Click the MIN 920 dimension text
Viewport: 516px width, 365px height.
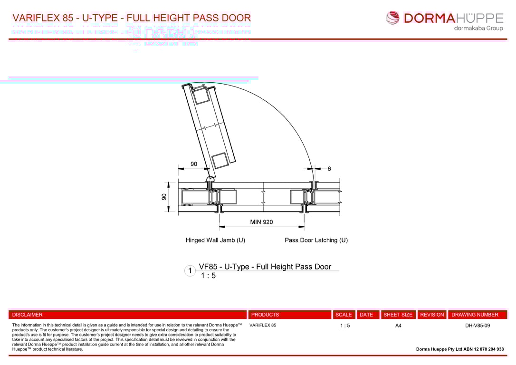(x=261, y=222)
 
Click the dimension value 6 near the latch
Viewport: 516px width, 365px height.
(x=329, y=169)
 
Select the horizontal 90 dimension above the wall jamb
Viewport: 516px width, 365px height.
(x=194, y=164)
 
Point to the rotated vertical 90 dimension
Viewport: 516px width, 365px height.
(x=164, y=196)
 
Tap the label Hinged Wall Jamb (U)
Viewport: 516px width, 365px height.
(x=215, y=240)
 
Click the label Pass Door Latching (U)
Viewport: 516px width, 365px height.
(x=316, y=240)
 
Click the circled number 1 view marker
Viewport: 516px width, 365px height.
(x=190, y=271)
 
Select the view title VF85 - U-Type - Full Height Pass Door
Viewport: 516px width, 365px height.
(x=265, y=267)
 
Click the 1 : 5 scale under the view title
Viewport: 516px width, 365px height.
(x=208, y=276)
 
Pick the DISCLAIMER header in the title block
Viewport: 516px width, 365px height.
(x=27, y=315)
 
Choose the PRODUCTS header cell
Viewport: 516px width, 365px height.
(x=265, y=315)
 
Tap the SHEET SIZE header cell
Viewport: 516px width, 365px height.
(x=398, y=315)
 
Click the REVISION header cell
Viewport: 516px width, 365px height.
(x=432, y=315)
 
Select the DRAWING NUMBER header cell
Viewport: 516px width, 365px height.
(x=475, y=315)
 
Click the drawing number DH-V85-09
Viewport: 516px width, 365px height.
(x=478, y=326)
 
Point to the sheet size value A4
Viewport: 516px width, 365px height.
(x=398, y=326)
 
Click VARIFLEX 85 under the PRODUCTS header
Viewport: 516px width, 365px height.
(x=263, y=326)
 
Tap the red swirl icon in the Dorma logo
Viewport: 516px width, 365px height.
(x=392, y=18)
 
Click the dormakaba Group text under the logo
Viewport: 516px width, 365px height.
(x=478, y=28)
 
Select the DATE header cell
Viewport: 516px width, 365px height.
(x=366, y=315)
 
